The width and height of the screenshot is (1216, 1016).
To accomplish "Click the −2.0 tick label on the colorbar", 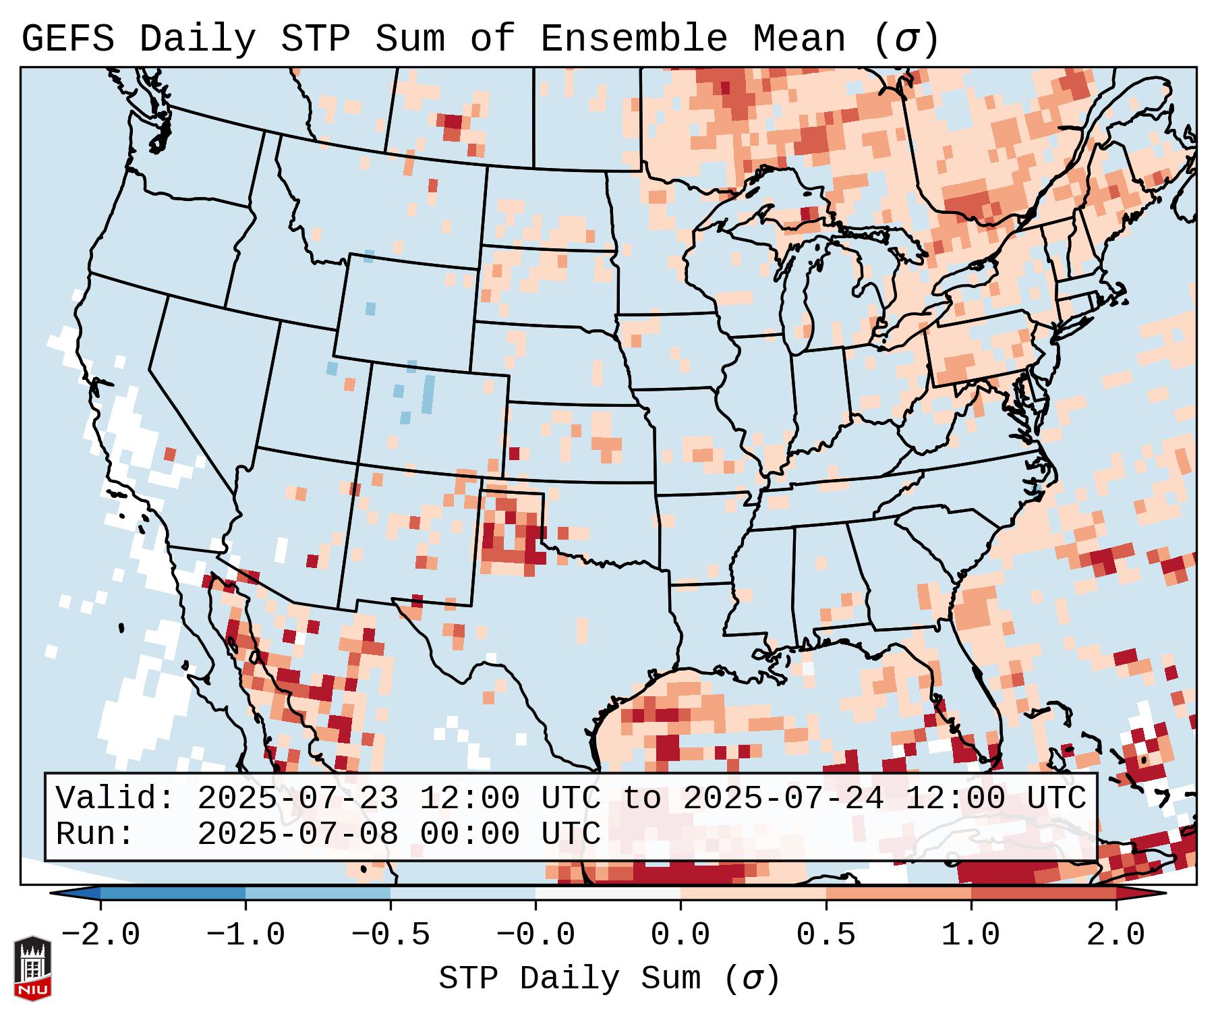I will click(100, 935).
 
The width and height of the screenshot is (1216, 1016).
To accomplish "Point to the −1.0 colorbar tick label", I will click(245, 935).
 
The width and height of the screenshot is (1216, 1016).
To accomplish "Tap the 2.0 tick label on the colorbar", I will click(1116, 935).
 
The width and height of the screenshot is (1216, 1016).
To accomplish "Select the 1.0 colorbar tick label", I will click(971, 935).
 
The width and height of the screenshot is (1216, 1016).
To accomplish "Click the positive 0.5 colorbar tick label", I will click(826, 935).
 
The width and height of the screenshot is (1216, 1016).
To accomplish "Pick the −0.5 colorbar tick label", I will click(390, 935).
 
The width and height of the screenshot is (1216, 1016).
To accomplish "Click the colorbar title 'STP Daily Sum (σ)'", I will click(609, 978).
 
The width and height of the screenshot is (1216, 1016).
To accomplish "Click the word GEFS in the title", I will click(67, 39).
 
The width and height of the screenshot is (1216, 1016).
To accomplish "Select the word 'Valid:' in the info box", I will click(115, 799).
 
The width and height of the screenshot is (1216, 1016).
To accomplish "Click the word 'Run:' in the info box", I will click(95, 835).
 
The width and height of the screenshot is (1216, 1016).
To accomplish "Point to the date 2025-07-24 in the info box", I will click(783, 799).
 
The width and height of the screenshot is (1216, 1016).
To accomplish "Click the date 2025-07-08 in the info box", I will click(297, 835).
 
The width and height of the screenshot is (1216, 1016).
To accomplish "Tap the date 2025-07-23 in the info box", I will click(297, 799).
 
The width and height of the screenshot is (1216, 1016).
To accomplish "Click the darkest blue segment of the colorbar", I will click(173, 893).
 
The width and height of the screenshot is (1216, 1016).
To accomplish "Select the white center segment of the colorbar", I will click(608, 893).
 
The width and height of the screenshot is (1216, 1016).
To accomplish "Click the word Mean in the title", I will click(799, 39).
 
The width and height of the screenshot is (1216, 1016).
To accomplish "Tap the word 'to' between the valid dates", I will click(641, 799).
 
